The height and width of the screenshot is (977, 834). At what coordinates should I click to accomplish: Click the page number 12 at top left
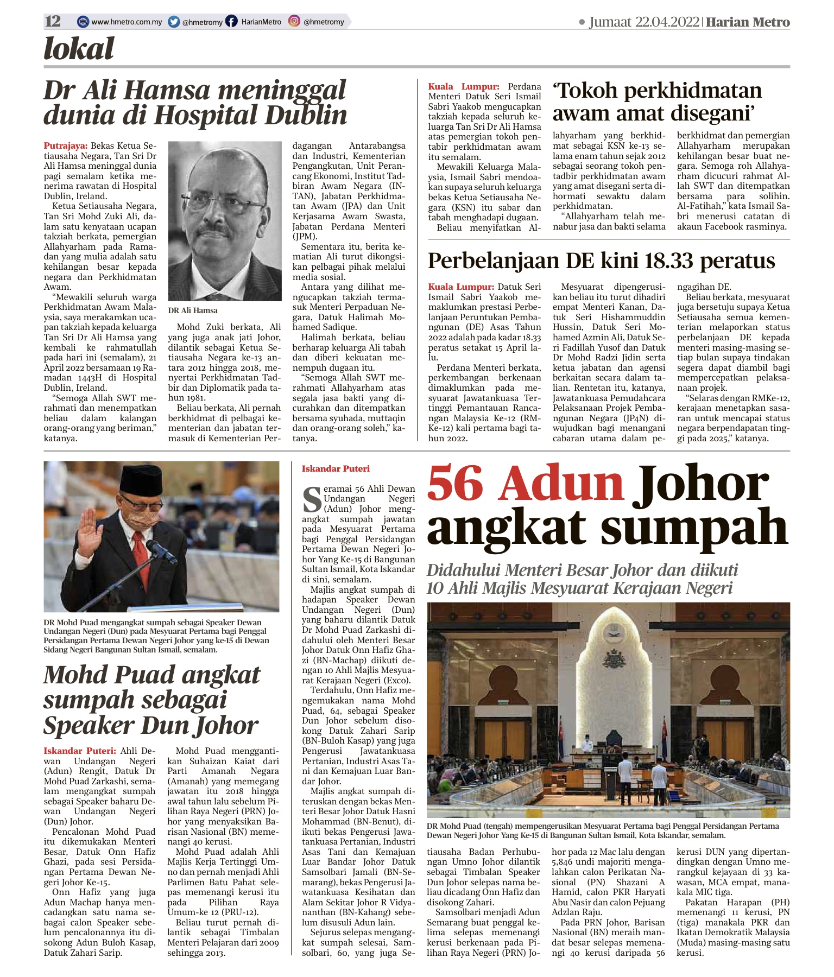point(53,21)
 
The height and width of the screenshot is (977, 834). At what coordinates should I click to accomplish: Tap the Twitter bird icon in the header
point(174,22)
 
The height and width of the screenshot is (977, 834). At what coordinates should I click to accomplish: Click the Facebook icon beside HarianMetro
point(231,22)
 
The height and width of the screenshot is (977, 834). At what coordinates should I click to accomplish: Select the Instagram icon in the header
point(294,21)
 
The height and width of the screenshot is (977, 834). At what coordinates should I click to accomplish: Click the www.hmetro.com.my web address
point(127,22)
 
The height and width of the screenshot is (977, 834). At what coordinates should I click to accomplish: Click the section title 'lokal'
point(79,49)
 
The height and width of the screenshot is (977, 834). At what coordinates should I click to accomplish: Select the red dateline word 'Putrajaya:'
point(66,145)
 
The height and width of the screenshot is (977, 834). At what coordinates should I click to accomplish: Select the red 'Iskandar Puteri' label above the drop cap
point(336,468)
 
